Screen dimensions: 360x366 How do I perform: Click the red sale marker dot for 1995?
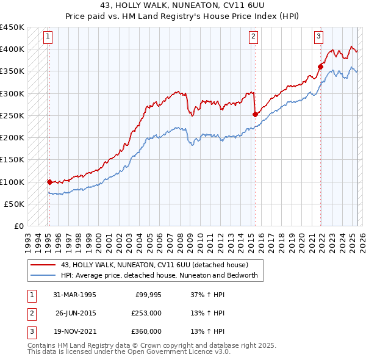point(49,181)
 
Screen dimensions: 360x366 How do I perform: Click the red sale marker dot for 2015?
point(255,113)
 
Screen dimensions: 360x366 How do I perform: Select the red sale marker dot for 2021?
point(320,66)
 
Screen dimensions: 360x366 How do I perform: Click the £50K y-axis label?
point(15,204)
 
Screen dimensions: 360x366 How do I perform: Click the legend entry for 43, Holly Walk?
point(154,265)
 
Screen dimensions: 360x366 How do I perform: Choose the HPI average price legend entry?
point(159,275)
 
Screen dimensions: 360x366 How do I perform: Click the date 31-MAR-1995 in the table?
point(74,295)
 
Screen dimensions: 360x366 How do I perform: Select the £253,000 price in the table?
point(146,313)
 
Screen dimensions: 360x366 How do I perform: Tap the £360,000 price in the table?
point(146,331)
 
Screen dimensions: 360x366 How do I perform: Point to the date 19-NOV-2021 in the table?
point(74,331)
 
